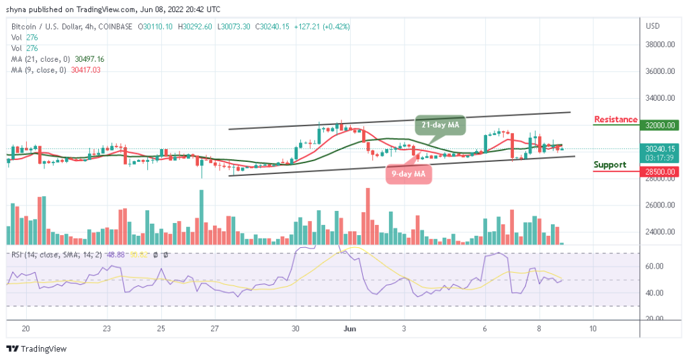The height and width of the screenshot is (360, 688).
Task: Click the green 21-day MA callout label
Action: point(439,125)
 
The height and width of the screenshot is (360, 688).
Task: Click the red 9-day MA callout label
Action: point(408,175)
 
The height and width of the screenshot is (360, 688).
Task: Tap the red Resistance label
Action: point(615,120)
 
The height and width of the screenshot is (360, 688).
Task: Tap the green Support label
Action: point(610,165)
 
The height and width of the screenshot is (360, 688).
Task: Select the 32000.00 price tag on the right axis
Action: point(660,125)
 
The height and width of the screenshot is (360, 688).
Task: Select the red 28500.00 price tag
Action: point(660,171)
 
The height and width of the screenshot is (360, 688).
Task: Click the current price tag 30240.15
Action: point(660,148)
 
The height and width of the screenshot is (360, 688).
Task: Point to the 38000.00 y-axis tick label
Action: point(660,45)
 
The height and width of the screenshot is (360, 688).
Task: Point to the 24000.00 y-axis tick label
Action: point(660,232)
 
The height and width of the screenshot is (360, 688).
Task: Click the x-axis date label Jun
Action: point(350,328)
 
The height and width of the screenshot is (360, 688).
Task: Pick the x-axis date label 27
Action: point(214,328)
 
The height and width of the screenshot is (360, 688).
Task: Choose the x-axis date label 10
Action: point(592,328)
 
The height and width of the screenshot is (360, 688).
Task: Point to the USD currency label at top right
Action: point(652,26)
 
